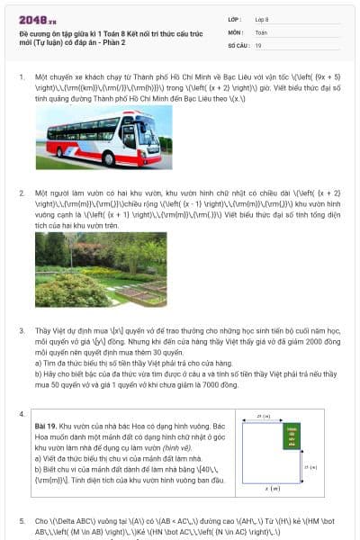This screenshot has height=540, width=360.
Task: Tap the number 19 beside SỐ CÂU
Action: pos(258,45)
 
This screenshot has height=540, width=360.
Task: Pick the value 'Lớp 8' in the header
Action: pos(262,18)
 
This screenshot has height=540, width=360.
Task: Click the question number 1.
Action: pos(22,77)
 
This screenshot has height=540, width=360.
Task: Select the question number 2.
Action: pos(22,193)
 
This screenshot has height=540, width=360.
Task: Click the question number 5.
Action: pos(22,521)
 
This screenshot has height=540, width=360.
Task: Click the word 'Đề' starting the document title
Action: pos(23,32)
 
